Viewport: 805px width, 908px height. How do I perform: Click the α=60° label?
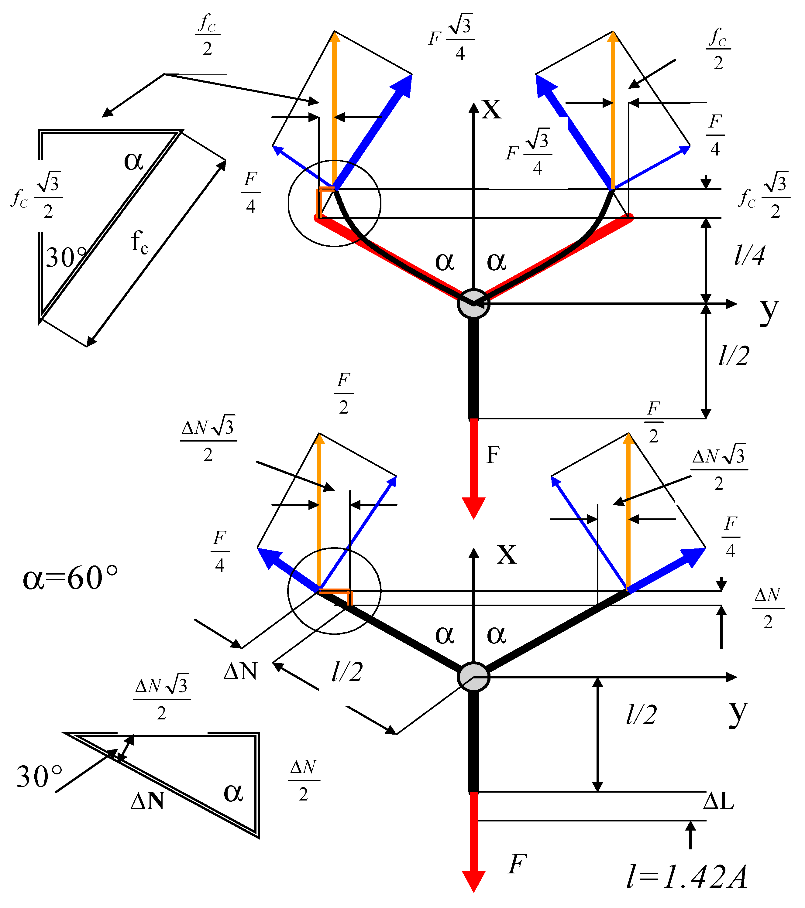(70, 578)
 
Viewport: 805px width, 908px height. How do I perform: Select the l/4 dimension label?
(749, 255)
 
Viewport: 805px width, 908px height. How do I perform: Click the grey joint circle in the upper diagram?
(473, 304)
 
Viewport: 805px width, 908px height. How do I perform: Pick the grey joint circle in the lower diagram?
(473, 677)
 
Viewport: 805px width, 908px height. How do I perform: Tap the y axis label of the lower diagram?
(738, 713)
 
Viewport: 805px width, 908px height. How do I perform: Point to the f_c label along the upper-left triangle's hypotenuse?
(139, 242)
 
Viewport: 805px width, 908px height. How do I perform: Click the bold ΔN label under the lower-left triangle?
(148, 801)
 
